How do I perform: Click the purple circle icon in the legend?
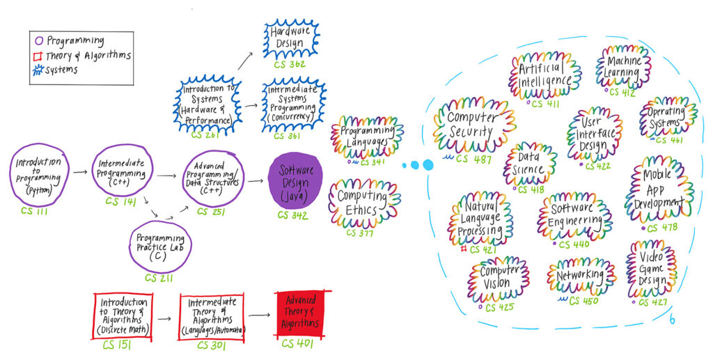coord(39,40)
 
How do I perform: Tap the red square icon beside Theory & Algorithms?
coord(38,56)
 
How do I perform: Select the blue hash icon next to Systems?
coord(39,70)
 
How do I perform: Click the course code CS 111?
coord(34,211)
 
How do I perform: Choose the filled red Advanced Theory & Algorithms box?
coord(301,314)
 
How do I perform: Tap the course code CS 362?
coord(290,64)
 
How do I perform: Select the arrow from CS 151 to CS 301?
coord(164,318)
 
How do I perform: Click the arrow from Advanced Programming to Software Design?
coord(256,181)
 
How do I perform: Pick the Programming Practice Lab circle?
coord(160,247)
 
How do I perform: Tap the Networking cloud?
coord(581,276)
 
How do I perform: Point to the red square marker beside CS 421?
coord(463,249)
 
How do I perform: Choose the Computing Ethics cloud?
coord(363,203)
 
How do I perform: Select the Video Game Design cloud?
coord(651,269)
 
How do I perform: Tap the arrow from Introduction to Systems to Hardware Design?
coord(245,61)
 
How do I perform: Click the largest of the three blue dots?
coord(428,165)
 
